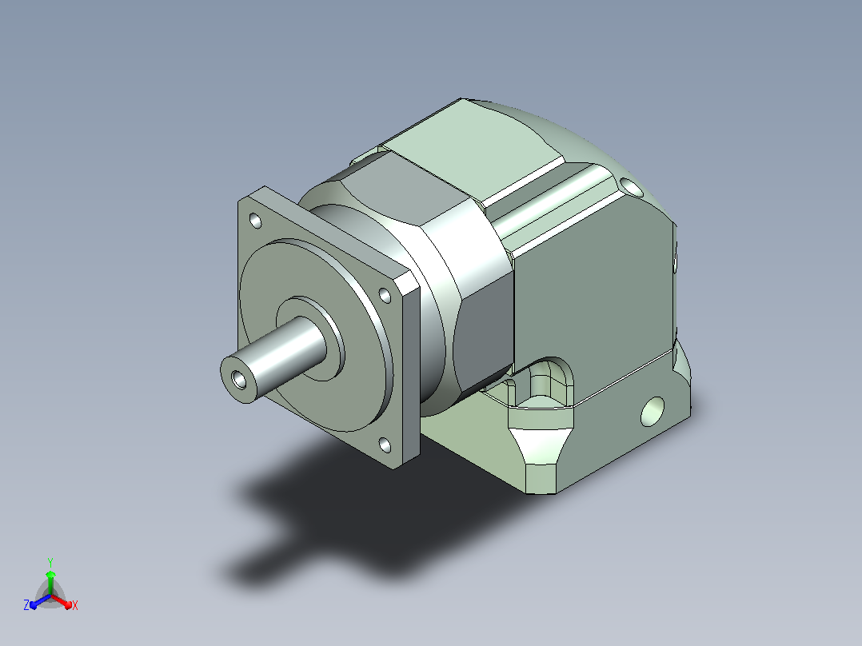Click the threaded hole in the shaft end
point(239,379)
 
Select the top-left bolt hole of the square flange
point(256,221)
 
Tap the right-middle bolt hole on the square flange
point(385,296)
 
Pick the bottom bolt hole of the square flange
point(385,445)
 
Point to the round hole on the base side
point(652,411)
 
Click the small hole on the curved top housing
point(632,188)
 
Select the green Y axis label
point(50,562)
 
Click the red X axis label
point(75,605)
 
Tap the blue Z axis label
point(26,604)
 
